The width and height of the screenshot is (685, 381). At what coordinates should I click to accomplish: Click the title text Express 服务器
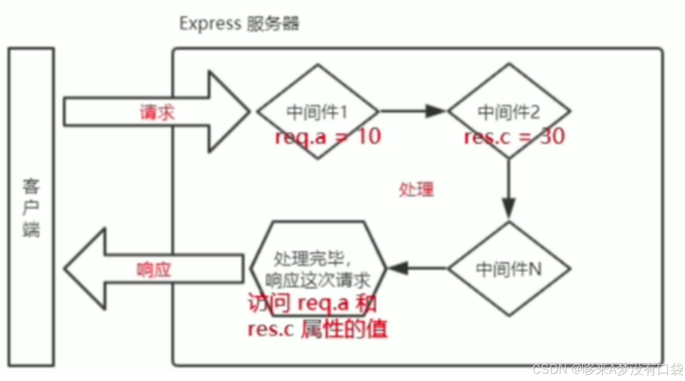click(x=239, y=24)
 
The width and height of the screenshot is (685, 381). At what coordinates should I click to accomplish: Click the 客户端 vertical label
click(x=31, y=207)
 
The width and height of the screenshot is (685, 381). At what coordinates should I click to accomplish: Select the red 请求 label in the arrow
click(x=156, y=112)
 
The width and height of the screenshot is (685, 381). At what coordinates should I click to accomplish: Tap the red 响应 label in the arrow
click(x=153, y=270)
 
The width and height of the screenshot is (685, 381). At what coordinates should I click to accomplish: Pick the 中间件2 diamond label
click(x=508, y=112)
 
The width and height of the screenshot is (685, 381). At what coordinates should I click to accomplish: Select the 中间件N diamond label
click(x=508, y=269)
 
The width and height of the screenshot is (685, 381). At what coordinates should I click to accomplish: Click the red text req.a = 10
click(x=328, y=136)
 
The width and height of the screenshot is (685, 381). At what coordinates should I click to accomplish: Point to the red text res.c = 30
click(x=514, y=136)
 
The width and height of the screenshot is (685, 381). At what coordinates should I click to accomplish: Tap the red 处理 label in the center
click(x=416, y=190)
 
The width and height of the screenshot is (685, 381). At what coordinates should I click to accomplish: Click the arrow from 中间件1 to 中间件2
click(x=411, y=111)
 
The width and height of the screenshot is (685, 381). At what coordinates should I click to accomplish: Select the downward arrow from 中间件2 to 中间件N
click(x=508, y=188)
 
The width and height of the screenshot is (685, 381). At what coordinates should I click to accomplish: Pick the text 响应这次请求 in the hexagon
click(x=318, y=280)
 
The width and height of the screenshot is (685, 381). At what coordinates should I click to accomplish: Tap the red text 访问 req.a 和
click(x=312, y=304)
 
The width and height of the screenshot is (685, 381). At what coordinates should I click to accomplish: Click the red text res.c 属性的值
click(x=317, y=329)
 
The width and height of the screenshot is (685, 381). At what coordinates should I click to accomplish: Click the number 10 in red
click(x=369, y=136)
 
